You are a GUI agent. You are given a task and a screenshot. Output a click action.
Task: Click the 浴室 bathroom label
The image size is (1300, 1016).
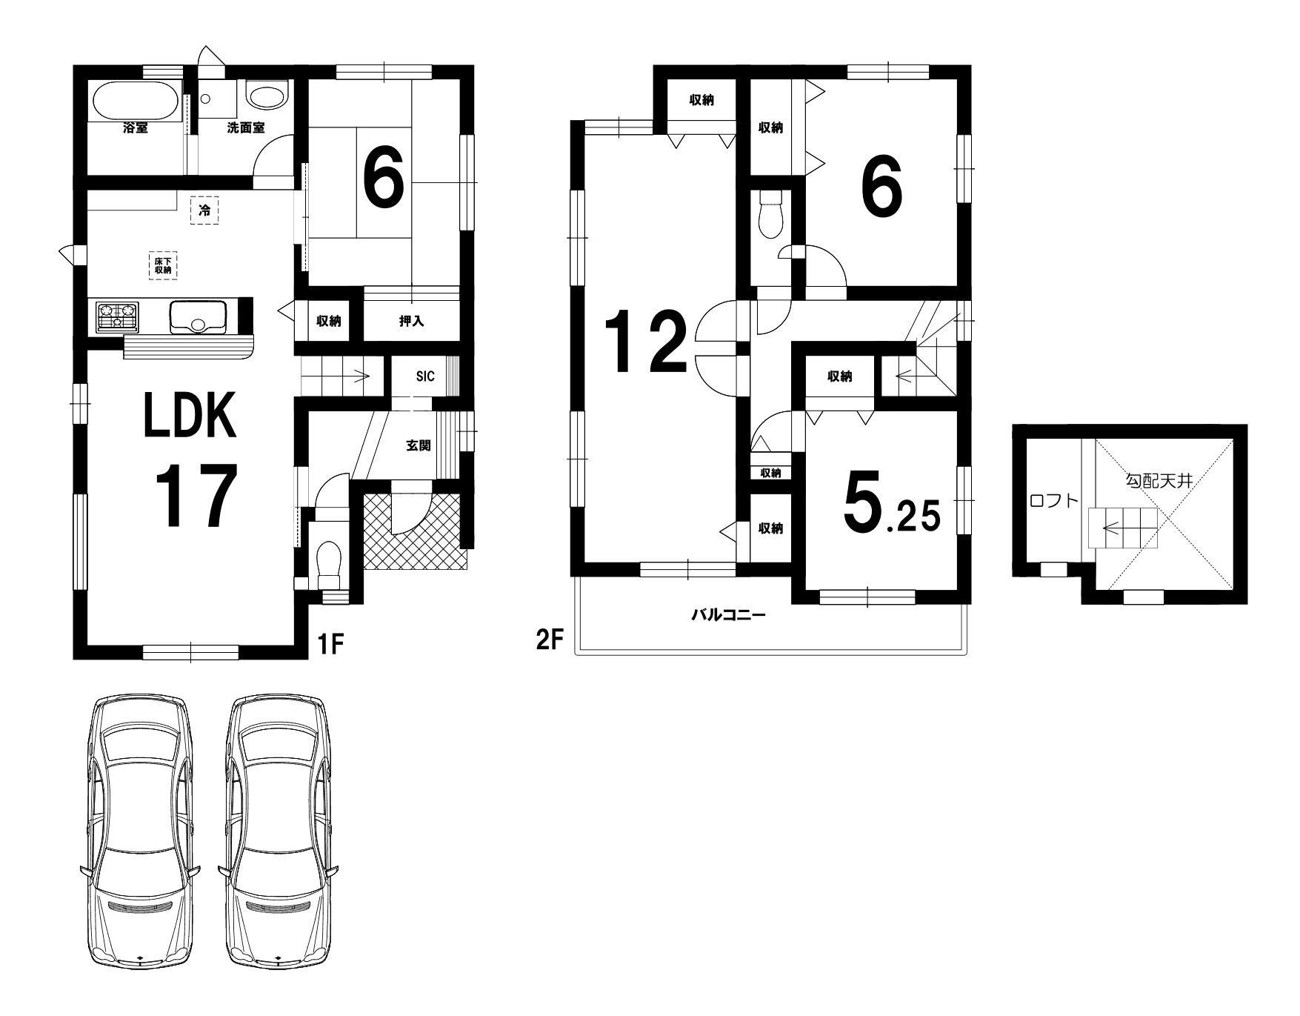(136, 128)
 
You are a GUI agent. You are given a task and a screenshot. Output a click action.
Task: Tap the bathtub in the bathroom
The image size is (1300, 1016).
(134, 102)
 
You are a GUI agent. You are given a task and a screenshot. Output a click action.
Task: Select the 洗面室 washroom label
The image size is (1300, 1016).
(246, 127)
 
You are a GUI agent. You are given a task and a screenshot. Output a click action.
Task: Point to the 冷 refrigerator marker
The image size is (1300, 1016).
(204, 210)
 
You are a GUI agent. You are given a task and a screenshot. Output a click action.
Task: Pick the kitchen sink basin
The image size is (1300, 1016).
(198, 317)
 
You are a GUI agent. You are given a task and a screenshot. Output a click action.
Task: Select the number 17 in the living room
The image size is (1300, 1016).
(196, 495)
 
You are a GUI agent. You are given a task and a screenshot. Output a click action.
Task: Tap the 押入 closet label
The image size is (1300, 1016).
(412, 322)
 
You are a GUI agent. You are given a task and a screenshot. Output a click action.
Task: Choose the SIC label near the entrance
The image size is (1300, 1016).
(424, 376)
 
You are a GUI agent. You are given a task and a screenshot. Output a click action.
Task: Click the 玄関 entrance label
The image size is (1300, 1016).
(419, 446)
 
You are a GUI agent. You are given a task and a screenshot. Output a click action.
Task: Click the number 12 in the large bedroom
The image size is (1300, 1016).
(647, 342)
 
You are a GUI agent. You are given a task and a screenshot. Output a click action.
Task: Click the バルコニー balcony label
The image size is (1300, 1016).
(728, 615)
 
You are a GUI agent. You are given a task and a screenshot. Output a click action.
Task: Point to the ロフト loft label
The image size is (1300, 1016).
(1054, 500)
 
